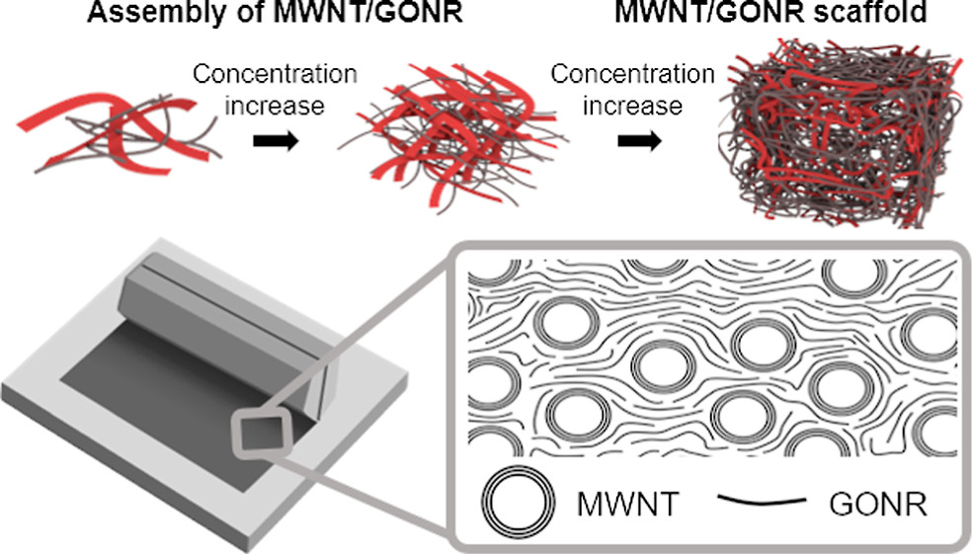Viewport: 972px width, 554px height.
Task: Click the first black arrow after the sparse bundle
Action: pos(276,141)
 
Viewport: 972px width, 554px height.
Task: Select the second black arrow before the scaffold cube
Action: pos(640,141)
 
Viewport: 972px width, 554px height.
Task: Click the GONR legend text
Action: pos(878,505)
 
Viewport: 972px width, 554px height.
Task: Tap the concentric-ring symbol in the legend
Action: pos(519,500)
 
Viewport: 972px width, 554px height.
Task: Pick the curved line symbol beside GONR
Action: pos(762,500)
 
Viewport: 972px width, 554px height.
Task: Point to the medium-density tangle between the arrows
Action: pos(450,137)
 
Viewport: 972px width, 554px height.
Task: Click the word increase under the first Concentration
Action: pos(275,106)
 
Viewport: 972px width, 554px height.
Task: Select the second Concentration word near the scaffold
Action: pos(633,74)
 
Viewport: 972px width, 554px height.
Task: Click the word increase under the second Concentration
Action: pos(633,106)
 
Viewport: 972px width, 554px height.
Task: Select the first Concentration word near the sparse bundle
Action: pos(275,74)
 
